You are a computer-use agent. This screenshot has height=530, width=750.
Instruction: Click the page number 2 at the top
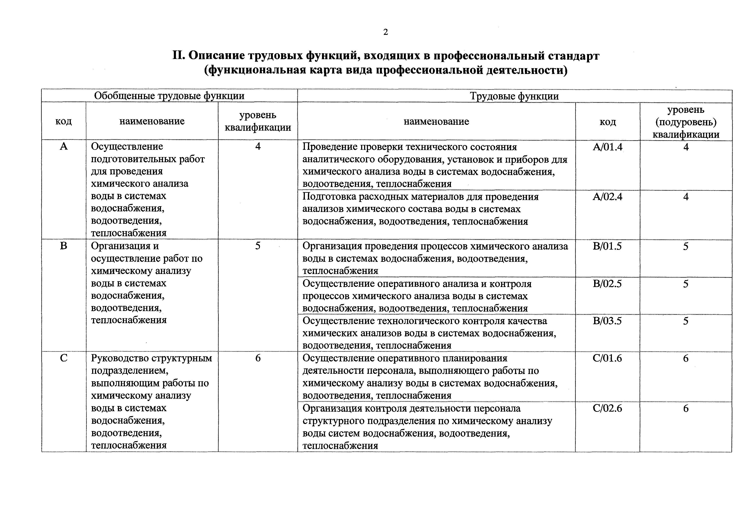(385, 32)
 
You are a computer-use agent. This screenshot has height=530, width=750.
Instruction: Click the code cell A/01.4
(608, 147)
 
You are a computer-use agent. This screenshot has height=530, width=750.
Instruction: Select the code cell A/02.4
(608, 197)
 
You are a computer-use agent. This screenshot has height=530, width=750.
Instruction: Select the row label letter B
(64, 246)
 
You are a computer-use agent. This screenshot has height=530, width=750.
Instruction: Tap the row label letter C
(64, 358)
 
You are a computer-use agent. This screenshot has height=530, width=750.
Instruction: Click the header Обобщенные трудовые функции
(169, 96)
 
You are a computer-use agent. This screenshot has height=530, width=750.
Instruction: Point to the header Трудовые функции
(514, 96)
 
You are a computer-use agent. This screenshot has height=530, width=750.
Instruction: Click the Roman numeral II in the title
(179, 56)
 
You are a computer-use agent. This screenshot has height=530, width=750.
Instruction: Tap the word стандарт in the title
(573, 56)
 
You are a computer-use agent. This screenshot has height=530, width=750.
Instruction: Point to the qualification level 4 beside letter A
(258, 146)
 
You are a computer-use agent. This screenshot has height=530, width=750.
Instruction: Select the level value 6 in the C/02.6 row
(686, 408)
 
